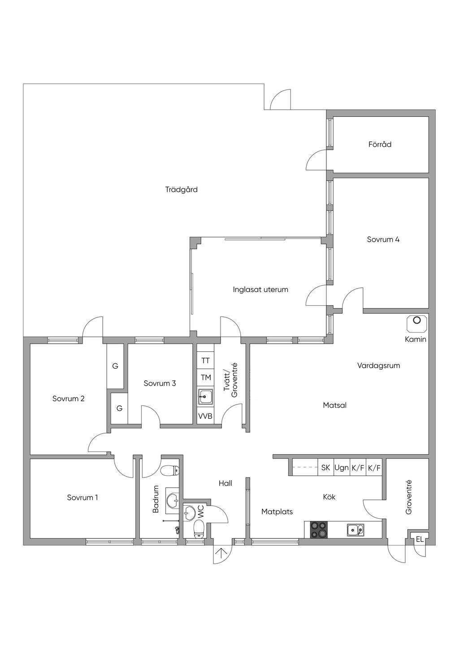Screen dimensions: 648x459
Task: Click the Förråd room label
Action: tap(380, 145)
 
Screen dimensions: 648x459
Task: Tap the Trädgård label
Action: tap(181, 190)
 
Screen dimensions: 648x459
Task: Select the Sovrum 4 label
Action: tap(383, 239)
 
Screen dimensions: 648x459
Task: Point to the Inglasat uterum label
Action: tap(260, 290)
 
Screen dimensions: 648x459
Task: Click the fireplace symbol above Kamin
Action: tap(417, 320)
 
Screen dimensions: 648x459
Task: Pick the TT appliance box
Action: tap(205, 361)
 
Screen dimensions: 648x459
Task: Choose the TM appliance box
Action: tap(205, 378)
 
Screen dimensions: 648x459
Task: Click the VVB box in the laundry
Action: tap(205, 416)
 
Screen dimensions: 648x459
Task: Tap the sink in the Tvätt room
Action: tap(205, 396)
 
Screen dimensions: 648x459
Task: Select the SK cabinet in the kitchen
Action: tap(326, 468)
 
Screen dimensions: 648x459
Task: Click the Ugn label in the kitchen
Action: tap(342, 468)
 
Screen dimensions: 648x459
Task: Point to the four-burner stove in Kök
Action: tap(319, 530)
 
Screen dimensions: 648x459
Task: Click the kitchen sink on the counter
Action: tap(355, 530)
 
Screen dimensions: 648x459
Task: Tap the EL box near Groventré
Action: tap(420, 540)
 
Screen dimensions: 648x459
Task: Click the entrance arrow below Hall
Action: tap(220, 556)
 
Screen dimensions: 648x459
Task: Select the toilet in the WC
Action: tap(199, 529)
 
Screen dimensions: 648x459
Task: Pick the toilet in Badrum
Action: tap(169, 471)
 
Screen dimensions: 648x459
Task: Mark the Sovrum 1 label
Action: tap(82, 498)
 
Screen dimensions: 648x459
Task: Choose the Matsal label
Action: tap(334, 406)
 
